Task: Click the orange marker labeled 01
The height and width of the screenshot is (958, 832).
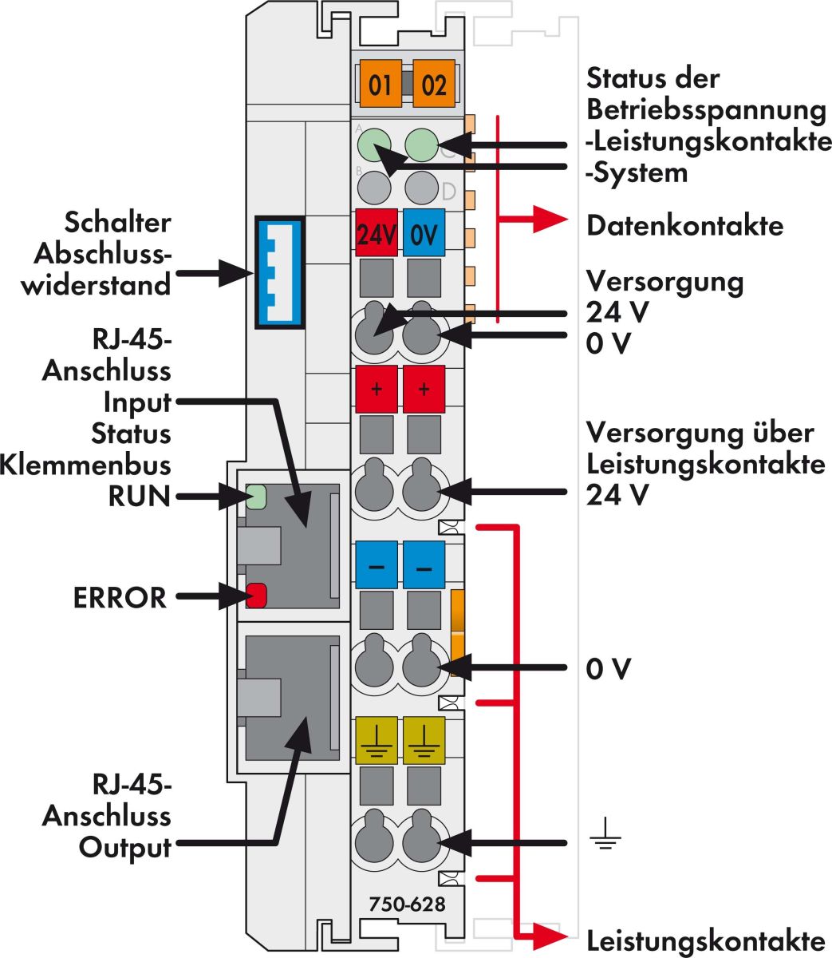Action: (x=380, y=84)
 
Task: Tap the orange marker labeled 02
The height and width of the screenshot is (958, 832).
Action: (x=433, y=84)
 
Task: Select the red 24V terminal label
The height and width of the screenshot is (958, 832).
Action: (x=377, y=233)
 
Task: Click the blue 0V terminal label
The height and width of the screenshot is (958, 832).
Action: (x=424, y=233)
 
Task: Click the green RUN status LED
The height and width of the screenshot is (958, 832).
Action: (x=255, y=497)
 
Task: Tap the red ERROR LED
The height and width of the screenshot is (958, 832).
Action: (x=255, y=596)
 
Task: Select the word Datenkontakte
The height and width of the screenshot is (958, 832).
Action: (x=684, y=226)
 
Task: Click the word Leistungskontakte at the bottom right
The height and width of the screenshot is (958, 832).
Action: (x=705, y=939)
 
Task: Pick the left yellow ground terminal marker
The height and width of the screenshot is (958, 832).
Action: (x=377, y=741)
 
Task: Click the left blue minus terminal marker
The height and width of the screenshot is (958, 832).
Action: (x=377, y=565)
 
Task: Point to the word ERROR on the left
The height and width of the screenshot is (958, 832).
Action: (x=120, y=597)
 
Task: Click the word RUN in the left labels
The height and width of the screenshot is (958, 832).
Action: (x=140, y=496)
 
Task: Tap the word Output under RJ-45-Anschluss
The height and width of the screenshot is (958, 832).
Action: (x=124, y=847)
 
